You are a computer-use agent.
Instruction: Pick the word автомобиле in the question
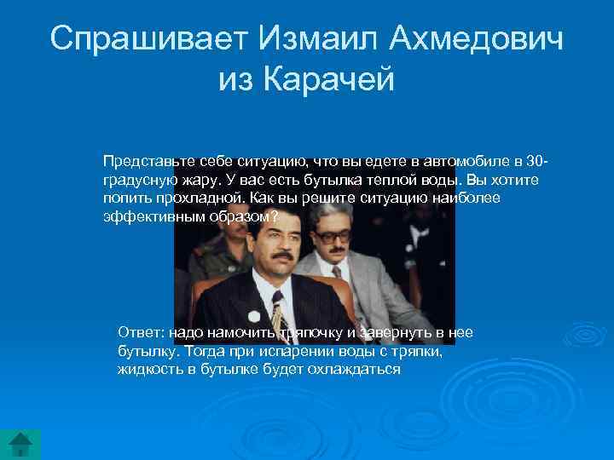click(x=475, y=161)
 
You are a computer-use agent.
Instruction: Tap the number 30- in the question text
click(x=536, y=161)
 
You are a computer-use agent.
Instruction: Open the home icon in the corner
click(x=21, y=443)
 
